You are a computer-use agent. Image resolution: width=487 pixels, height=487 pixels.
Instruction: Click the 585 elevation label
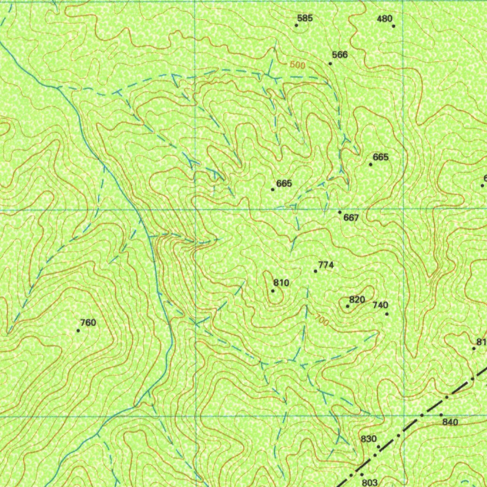(x=305, y=19)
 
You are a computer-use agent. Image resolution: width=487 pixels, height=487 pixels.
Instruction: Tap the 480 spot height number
(x=384, y=19)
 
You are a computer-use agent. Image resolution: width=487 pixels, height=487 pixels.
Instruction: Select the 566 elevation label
(x=340, y=55)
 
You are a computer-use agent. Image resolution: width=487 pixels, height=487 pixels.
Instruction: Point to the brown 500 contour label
(x=297, y=65)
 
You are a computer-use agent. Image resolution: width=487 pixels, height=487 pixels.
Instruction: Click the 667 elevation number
(x=351, y=218)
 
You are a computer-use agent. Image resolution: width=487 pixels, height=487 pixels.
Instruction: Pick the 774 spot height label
(x=326, y=265)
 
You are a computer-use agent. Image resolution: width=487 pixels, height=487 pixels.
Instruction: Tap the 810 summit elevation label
(x=281, y=283)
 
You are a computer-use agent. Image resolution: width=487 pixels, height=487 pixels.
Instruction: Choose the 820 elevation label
(x=357, y=300)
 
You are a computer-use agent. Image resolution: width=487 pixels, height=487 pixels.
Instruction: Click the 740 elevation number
(x=380, y=305)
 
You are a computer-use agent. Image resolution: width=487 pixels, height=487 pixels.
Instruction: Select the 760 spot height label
(x=88, y=323)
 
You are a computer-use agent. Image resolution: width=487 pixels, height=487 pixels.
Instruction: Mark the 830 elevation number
(x=369, y=439)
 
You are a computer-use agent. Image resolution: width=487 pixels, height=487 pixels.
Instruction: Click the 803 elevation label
(x=370, y=482)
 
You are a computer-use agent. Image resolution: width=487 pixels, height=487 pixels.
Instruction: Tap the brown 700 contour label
(x=322, y=321)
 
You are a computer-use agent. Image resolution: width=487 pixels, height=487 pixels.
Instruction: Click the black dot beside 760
(x=78, y=330)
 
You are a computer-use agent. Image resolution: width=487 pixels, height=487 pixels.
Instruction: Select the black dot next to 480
(x=394, y=26)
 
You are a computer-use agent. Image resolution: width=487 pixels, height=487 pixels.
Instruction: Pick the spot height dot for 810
(x=273, y=291)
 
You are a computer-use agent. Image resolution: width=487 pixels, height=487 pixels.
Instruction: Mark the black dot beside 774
(x=315, y=271)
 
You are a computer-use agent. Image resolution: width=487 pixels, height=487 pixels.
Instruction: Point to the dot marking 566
(x=330, y=63)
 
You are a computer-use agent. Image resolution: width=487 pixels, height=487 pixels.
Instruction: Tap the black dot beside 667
(x=340, y=212)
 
